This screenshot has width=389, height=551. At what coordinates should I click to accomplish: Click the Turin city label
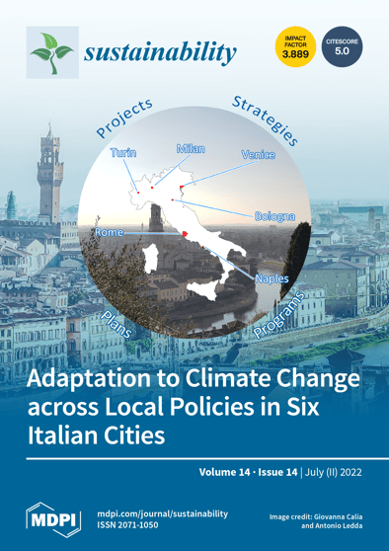(123, 153)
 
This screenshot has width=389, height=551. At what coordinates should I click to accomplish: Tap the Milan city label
(191, 148)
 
